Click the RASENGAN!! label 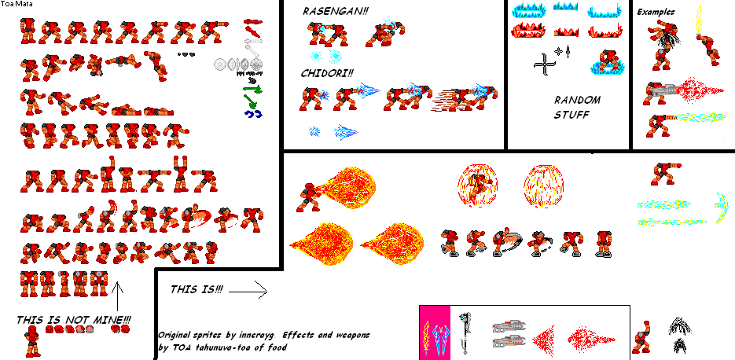click(335, 11)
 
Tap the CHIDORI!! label click(327, 73)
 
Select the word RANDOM click(577, 100)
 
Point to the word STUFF click(571, 115)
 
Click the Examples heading click(656, 13)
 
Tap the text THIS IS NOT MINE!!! click(74, 320)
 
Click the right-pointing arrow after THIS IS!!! click(248, 292)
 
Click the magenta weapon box click(435, 332)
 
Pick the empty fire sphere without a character click(544, 186)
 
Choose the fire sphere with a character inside click(478, 186)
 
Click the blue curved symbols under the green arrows click(253, 113)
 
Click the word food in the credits click(277, 347)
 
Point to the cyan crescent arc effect click(722, 207)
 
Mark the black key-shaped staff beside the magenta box click(465, 332)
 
